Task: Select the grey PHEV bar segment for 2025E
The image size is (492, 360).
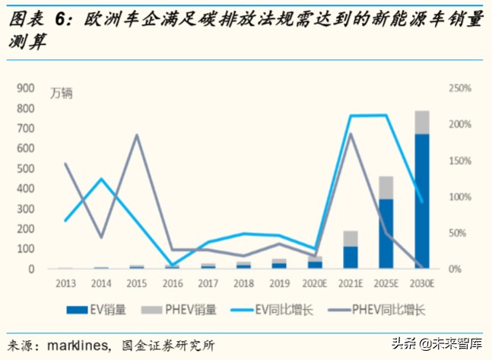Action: pos(386,187)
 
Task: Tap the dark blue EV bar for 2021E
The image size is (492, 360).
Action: pos(351,257)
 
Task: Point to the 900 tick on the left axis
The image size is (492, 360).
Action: pos(26,88)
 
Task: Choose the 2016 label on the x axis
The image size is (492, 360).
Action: pos(172,284)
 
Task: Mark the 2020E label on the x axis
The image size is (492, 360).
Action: pos(315,284)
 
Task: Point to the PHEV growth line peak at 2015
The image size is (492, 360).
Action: pos(137,135)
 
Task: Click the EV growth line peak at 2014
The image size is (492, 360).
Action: pos(101,179)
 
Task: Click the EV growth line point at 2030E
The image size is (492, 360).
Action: pos(422,202)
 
